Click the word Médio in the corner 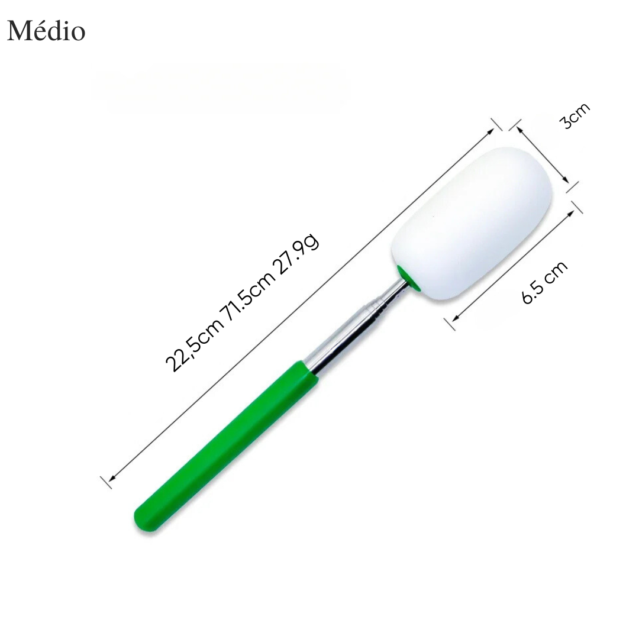pyautogui.click(x=46, y=31)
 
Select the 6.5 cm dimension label pyautogui.click(x=544, y=282)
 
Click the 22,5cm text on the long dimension pyautogui.click(x=195, y=344)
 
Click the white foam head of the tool pyautogui.click(x=472, y=223)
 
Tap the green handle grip pyautogui.click(x=226, y=446)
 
